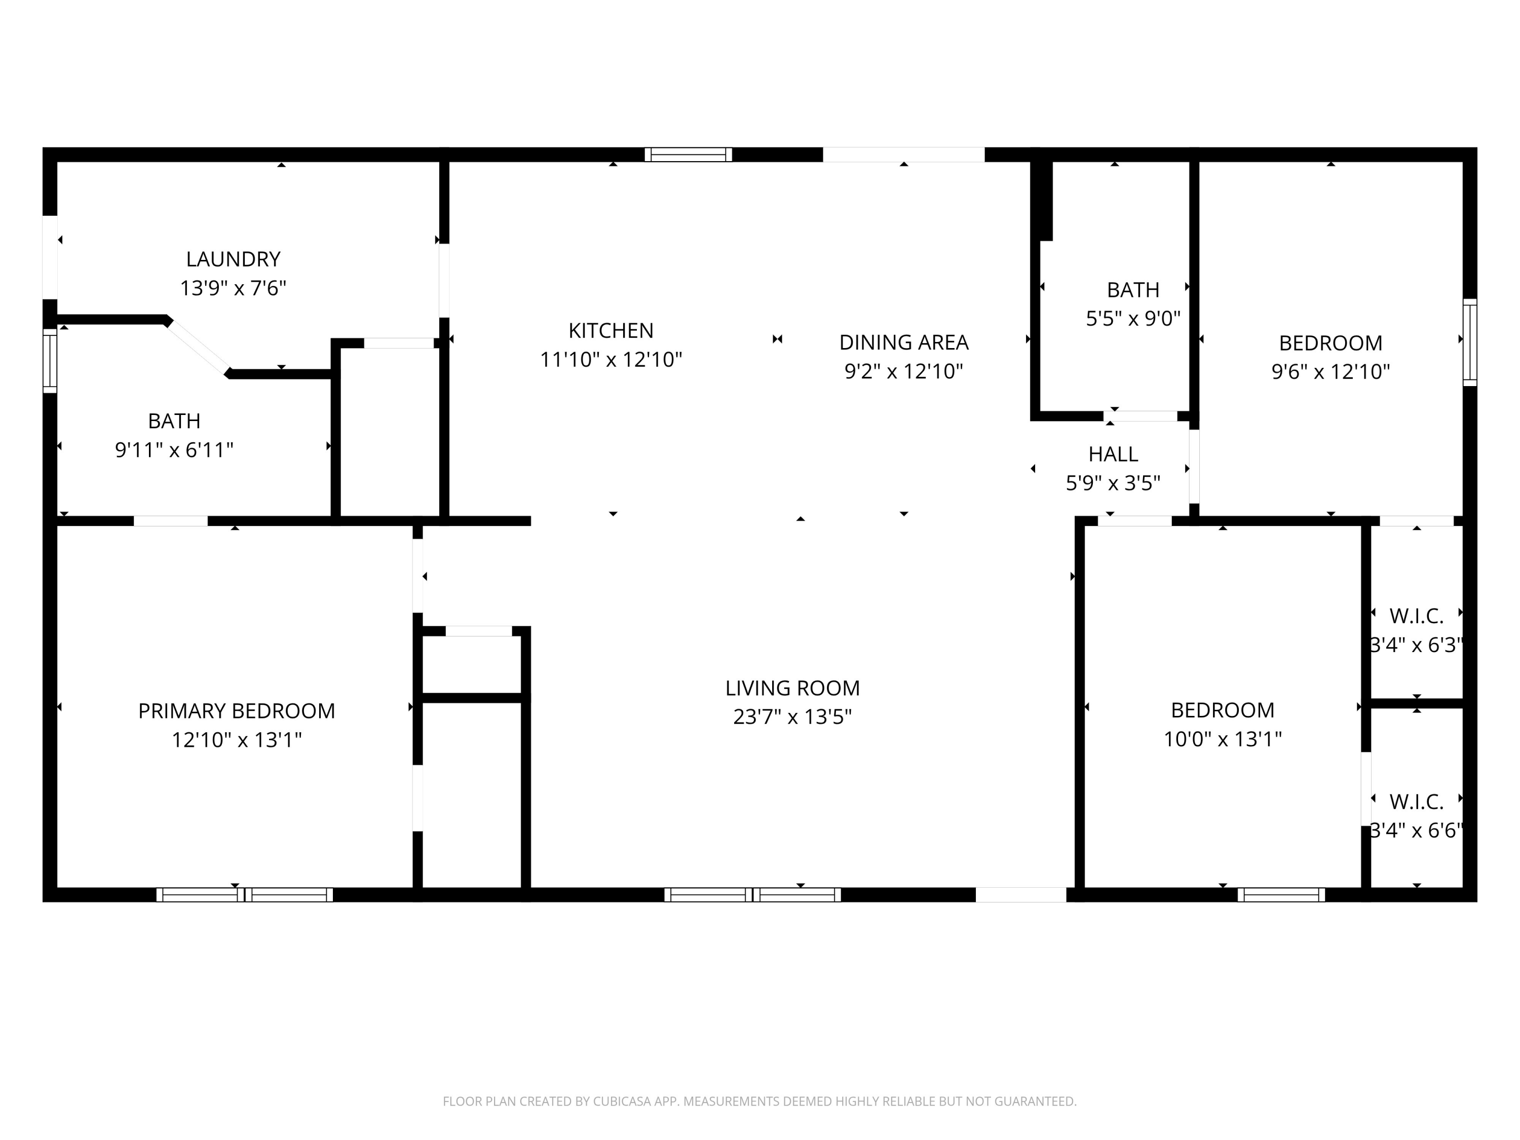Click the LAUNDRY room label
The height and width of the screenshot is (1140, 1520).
click(x=233, y=259)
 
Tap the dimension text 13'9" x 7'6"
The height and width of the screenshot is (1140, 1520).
click(x=233, y=288)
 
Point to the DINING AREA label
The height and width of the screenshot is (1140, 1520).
click(x=903, y=342)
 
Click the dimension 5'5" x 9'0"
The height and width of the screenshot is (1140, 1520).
click(x=1132, y=319)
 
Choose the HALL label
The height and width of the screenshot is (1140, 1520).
click(x=1113, y=454)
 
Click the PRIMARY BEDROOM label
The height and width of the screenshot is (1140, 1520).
click(x=237, y=710)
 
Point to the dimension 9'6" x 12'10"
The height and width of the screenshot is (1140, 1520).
click(x=1331, y=372)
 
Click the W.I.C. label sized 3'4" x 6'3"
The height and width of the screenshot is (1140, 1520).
click(x=1416, y=617)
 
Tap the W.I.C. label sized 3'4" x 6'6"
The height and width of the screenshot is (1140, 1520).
click(x=1416, y=802)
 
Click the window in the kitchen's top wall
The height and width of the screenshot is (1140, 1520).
click(x=688, y=155)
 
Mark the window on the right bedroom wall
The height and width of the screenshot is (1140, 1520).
click(x=1469, y=342)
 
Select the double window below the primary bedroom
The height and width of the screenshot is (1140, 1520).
click(x=245, y=895)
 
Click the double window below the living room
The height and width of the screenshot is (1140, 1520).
click(x=752, y=895)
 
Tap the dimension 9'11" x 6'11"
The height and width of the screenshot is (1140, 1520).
click(x=174, y=450)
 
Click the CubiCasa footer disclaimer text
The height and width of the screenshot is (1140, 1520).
click(x=759, y=1101)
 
